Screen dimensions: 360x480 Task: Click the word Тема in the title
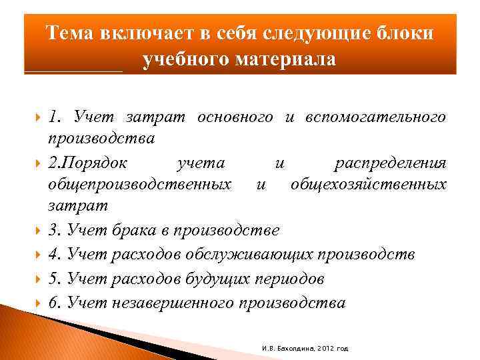71,33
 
